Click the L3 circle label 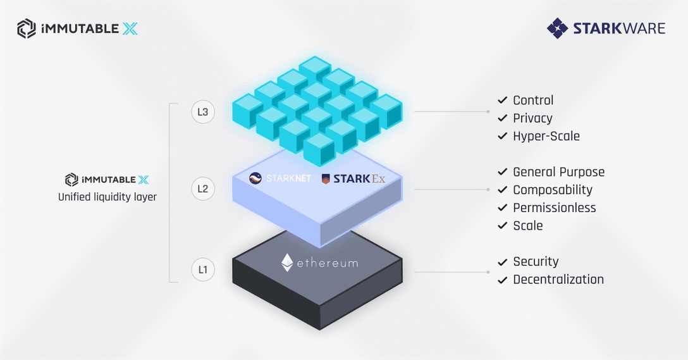[x=203, y=113]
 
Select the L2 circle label [x=203, y=189]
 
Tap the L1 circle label [x=203, y=270]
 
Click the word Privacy [x=532, y=118]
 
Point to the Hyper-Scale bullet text [x=546, y=136]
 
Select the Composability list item [x=553, y=190]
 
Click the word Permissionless [x=555, y=208]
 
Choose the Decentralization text [x=558, y=280]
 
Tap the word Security [x=536, y=261]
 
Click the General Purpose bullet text [x=558, y=172]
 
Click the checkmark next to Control [x=503, y=100]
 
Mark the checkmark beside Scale [x=503, y=226]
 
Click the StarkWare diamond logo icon [x=558, y=28]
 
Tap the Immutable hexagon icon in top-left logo [x=27, y=28]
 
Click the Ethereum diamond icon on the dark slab [x=287, y=263]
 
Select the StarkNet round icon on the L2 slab [x=255, y=178]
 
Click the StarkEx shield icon [x=326, y=179]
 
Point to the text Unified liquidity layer [x=107, y=197]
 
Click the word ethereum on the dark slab [x=328, y=263]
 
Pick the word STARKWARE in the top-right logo [x=619, y=28]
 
